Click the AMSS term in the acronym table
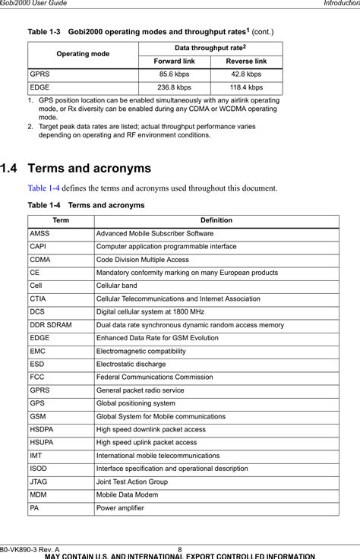[x=40, y=233]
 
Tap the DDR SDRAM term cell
[x=52, y=324]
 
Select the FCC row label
[x=37, y=377]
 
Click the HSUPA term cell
[x=42, y=442]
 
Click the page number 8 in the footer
[x=180, y=548]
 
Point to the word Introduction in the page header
[x=338, y=5]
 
